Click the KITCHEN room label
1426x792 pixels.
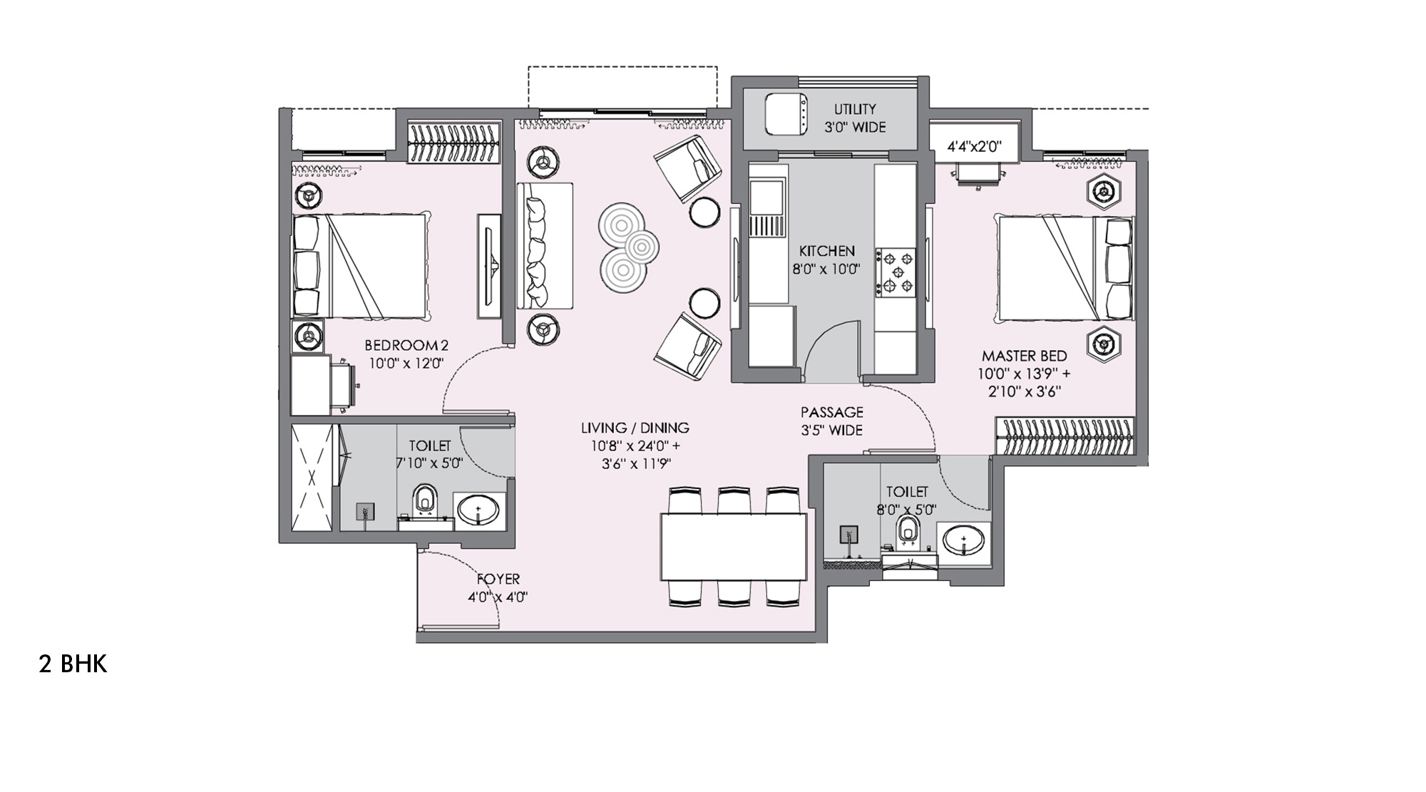pyautogui.click(x=826, y=252)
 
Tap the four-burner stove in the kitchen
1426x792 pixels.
pyautogui.click(x=896, y=271)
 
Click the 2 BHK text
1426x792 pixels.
pyautogui.click(x=73, y=664)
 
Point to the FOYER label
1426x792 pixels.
pyautogui.click(x=498, y=580)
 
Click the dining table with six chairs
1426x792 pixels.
pyautogui.click(x=733, y=546)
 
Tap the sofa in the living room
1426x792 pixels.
pyautogui.click(x=545, y=245)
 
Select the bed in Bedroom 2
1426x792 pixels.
pyautogui.click(x=360, y=265)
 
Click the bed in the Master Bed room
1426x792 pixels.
pyautogui.click(x=1065, y=268)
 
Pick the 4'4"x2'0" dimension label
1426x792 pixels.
pyautogui.click(x=974, y=147)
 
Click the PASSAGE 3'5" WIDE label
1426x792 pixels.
pyautogui.click(x=831, y=421)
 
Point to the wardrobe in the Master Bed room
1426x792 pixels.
pyautogui.click(x=1064, y=435)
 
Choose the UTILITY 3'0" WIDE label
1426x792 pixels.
pyautogui.click(x=855, y=118)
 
